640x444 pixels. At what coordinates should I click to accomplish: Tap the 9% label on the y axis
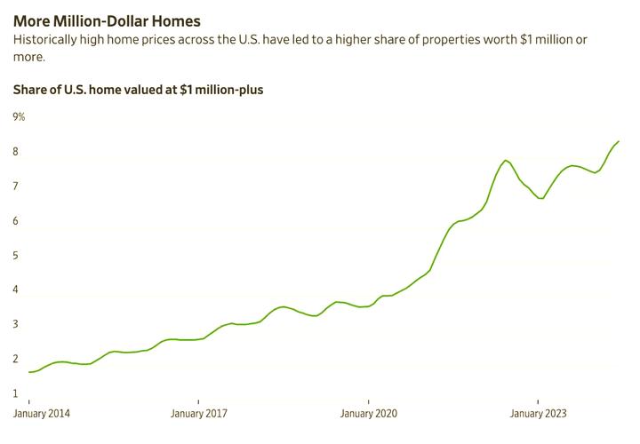(x=19, y=117)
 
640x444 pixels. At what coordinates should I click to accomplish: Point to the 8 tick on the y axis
(x=15, y=152)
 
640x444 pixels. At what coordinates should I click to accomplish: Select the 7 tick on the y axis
(x=15, y=186)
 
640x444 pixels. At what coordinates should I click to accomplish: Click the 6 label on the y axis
(x=15, y=221)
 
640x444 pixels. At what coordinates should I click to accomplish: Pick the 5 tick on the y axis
(x=15, y=256)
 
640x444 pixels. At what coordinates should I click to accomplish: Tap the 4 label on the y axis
(x=15, y=290)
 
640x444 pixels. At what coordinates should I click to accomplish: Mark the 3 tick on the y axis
(x=15, y=325)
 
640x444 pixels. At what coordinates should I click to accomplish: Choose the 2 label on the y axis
(x=15, y=360)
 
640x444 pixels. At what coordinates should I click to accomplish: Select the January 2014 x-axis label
(x=42, y=414)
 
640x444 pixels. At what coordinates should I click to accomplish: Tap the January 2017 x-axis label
(x=199, y=414)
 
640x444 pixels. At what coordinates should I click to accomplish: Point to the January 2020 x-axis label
(x=368, y=414)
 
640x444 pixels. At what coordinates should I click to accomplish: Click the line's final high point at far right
(x=619, y=141)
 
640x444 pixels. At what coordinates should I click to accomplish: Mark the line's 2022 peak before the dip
(x=505, y=161)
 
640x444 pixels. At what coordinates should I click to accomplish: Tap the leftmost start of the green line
(x=29, y=372)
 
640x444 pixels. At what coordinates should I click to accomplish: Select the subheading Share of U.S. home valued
(x=138, y=90)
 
